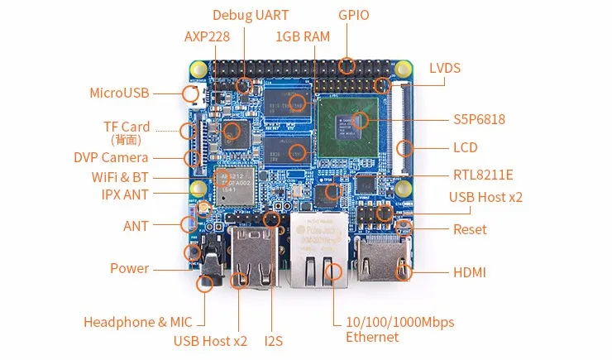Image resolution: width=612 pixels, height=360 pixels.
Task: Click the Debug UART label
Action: click(x=251, y=15)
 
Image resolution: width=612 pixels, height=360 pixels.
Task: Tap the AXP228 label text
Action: click(x=207, y=36)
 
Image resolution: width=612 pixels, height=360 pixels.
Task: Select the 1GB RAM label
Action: click(x=303, y=36)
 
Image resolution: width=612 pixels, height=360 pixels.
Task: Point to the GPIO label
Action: click(x=354, y=15)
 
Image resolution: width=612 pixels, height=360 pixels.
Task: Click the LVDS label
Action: click(x=445, y=68)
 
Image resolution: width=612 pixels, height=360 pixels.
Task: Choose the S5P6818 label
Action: click(x=480, y=119)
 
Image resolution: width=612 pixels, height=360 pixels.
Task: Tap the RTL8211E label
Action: click(x=483, y=175)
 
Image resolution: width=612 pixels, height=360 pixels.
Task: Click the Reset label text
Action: click(x=470, y=229)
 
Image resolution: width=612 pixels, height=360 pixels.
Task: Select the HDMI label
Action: click(x=470, y=272)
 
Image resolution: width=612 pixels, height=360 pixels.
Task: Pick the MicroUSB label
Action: click(x=119, y=93)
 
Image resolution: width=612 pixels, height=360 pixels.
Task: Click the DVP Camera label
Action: click(x=112, y=158)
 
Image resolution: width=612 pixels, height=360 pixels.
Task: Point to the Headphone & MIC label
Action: click(x=138, y=322)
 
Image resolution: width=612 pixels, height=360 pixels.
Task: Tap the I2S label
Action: click(x=273, y=341)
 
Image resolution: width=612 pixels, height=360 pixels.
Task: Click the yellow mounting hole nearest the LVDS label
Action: click(x=403, y=70)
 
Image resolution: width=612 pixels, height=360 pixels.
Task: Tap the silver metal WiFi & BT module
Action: click(x=235, y=186)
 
